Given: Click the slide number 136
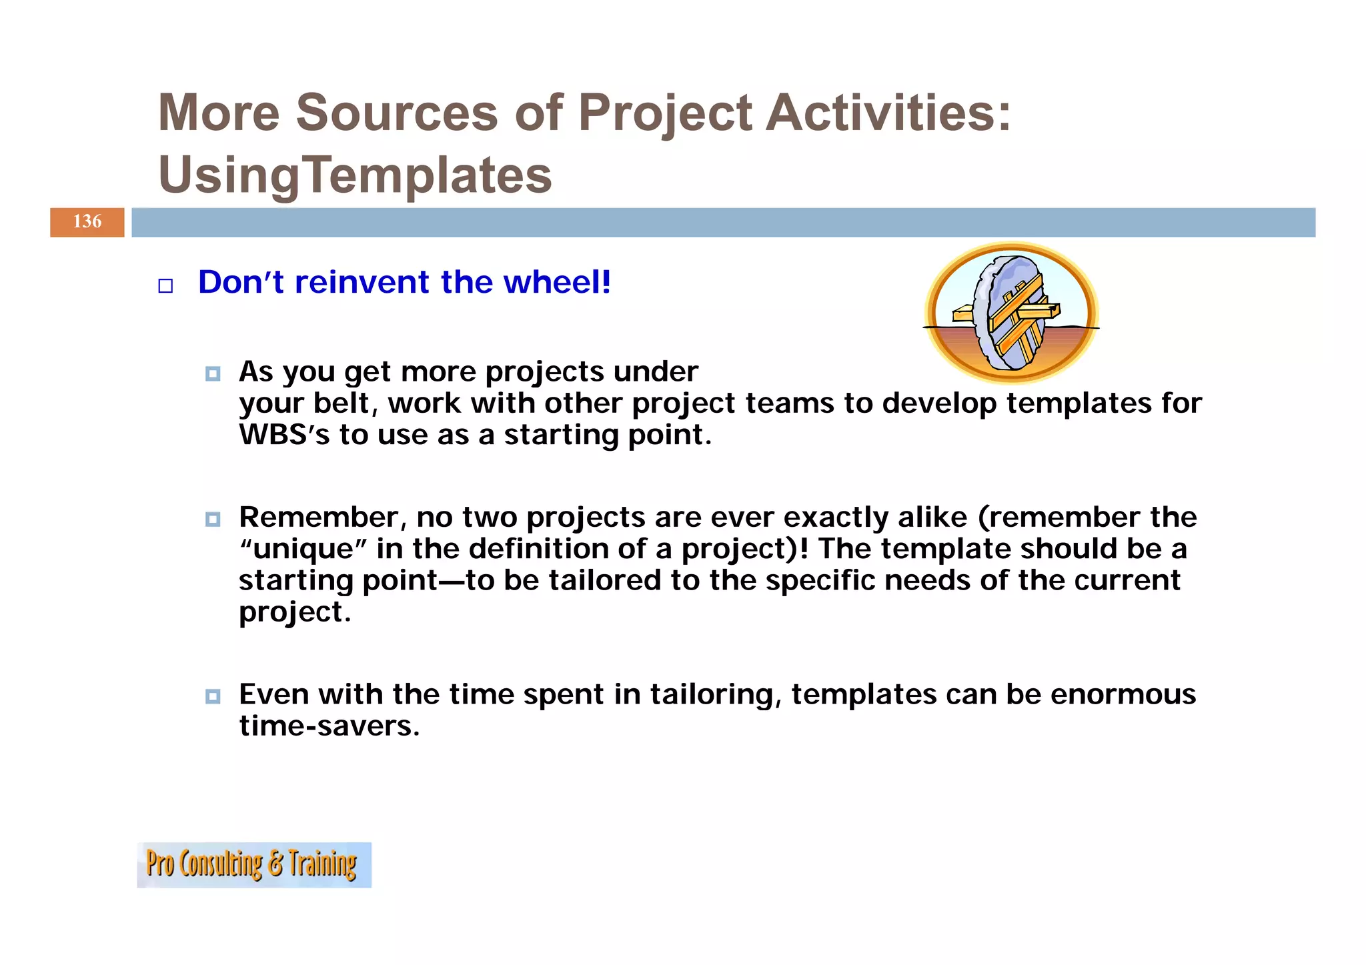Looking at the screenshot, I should (x=87, y=222).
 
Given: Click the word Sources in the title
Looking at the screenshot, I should (x=397, y=112).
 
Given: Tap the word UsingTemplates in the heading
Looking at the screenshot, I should (x=355, y=175).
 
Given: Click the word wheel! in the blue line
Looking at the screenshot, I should (x=557, y=282).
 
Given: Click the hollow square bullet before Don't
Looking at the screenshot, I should (x=165, y=286).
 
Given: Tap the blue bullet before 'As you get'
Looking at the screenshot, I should (x=213, y=373).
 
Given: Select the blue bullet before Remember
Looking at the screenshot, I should (x=213, y=519).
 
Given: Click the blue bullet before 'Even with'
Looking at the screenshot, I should (x=213, y=696).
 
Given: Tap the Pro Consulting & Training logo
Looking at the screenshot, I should (x=253, y=864).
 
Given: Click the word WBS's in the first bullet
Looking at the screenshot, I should (x=284, y=435).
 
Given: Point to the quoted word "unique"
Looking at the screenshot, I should (x=303, y=550).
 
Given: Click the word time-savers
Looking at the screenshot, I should (x=329, y=726).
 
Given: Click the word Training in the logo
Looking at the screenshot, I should (x=323, y=864).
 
